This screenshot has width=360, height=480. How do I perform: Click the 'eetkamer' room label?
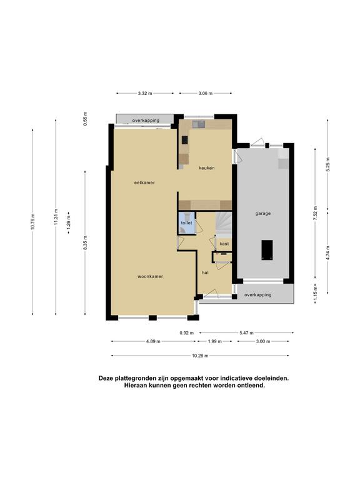(144, 182)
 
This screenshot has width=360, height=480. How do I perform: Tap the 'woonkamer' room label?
(150, 276)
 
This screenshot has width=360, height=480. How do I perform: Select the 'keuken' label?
(207, 167)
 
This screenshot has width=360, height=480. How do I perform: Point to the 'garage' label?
(263, 214)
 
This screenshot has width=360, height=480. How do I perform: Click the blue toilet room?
(187, 223)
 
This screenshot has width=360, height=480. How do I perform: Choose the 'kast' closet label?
(224, 244)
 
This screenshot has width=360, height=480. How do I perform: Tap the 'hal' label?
(205, 272)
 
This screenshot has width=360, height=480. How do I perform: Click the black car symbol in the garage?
(267, 250)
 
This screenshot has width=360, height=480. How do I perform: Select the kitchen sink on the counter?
(198, 124)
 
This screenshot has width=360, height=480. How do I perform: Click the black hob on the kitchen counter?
(184, 140)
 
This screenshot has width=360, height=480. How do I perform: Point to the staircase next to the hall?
(223, 223)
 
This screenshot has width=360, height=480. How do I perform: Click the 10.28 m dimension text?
(200, 356)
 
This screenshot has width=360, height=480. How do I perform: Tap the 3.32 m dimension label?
(145, 93)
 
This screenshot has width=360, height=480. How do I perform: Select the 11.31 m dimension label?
(56, 217)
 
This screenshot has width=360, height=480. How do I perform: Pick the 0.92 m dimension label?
(187, 332)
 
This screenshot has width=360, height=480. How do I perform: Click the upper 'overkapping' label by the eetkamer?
(146, 121)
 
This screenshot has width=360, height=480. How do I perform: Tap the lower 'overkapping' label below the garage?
(257, 295)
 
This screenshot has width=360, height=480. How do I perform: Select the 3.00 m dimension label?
(263, 341)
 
